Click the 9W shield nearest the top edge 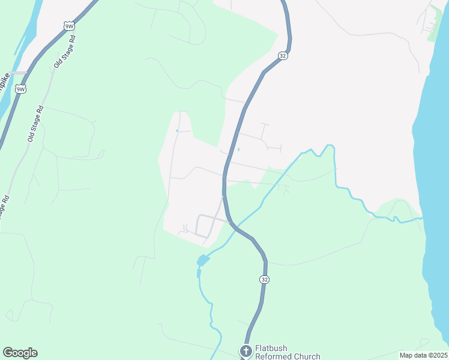pyautogui.click(x=69, y=26)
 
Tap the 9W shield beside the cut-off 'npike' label pyautogui.click(x=21, y=89)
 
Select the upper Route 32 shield pyautogui.click(x=282, y=56)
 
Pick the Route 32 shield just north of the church pyautogui.click(x=264, y=280)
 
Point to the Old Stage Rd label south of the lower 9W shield pyautogui.click(x=36, y=124)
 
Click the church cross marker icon pyautogui.click(x=246, y=351)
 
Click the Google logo pyautogui.click(x=20, y=353)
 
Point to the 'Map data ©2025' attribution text pyautogui.click(x=423, y=355)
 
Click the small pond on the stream pyautogui.click(x=202, y=260)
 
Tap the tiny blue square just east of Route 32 pyautogui.click(x=239, y=149)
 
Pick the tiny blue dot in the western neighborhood pyautogui.click(x=176, y=131)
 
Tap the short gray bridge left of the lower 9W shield pyautogui.click(x=18, y=73)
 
